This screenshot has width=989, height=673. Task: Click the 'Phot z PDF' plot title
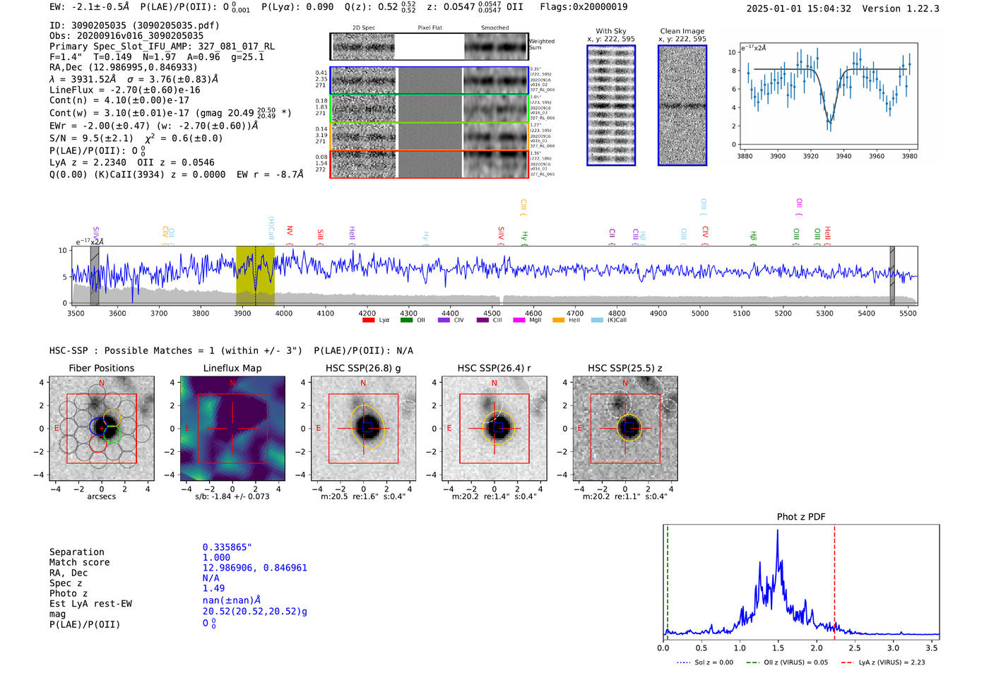click(801, 517)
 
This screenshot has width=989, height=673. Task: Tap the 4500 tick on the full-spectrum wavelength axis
click(492, 314)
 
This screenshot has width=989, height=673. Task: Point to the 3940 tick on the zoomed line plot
click(843, 156)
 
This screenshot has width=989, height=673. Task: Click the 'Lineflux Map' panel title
click(232, 368)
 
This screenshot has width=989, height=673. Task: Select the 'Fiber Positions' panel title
click(101, 368)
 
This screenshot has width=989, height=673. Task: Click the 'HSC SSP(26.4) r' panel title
click(494, 368)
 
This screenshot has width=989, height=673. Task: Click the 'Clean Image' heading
click(682, 31)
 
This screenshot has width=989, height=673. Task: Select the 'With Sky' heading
click(611, 31)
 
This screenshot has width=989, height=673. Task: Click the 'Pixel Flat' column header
click(430, 28)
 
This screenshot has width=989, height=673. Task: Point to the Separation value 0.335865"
click(227, 547)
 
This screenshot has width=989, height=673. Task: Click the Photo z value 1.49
click(213, 588)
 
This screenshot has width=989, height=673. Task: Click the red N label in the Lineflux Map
click(232, 383)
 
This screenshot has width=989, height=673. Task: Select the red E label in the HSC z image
click(580, 428)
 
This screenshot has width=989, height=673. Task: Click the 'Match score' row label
click(79, 562)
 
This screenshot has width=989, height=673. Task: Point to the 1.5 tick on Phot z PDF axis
click(778, 648)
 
